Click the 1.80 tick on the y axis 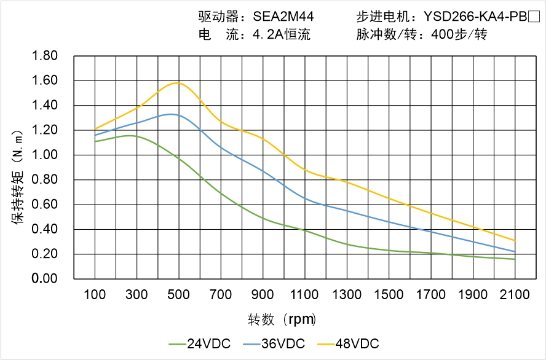tap(44, 57)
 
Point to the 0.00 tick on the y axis tap(44, 279)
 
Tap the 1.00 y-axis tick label tap(44, 155)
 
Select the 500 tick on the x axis tap(178, 295)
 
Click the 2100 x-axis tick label tap(515, 295)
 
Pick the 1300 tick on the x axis tap(347, 295)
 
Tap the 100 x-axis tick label tap(95, 295)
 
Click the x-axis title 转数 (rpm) tap(282, 319)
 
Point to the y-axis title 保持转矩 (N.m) tap(18, 176)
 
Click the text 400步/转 tap(459, 35)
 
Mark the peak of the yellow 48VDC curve tap(178, 82)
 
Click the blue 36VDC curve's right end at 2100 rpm tap(515, 252)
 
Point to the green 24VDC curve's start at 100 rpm tap(95, 141)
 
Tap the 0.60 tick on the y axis tap(44, 205)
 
